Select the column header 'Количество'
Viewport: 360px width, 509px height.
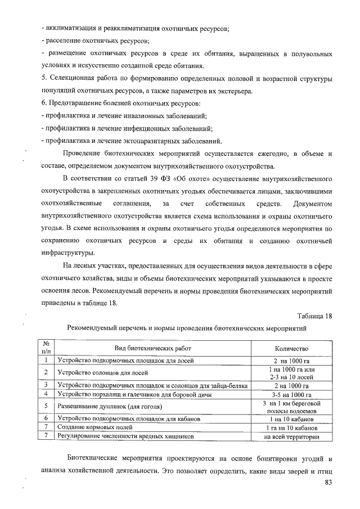[x=291, y=349]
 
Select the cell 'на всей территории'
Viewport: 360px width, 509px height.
[x=291, y=436]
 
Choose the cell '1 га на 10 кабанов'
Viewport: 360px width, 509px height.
[x=291, y=427]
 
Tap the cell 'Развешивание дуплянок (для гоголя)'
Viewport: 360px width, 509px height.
[x=110, y=406]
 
